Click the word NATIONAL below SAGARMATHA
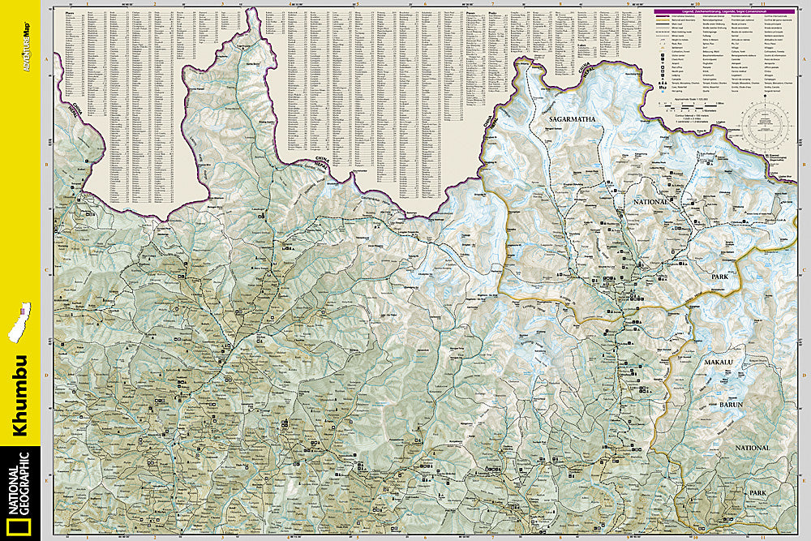646,201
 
